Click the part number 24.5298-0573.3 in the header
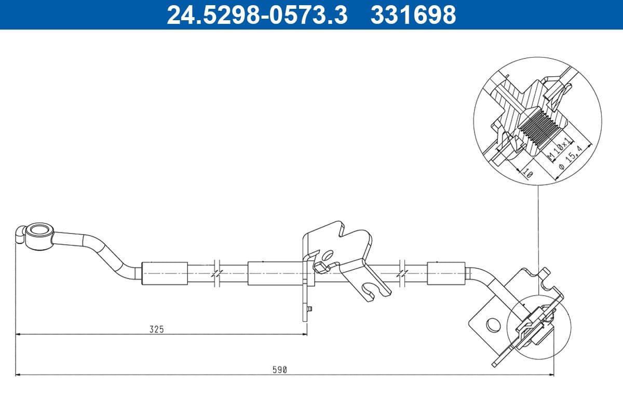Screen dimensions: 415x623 click(x=256, y=15)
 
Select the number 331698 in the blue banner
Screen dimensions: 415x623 click(x=413, y=15)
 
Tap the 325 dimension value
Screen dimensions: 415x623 click(x=156, y=329)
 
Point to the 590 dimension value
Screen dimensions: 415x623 click(x=280, y=370)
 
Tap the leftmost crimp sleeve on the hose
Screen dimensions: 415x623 click(x=165, y=273)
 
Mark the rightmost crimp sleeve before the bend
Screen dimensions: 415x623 click(x=446, y=273)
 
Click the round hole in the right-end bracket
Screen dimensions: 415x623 click(x=491, y=325)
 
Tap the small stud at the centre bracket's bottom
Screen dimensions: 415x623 click(x=309, y=309)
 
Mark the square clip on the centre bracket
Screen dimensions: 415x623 click(x=320, y=267)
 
